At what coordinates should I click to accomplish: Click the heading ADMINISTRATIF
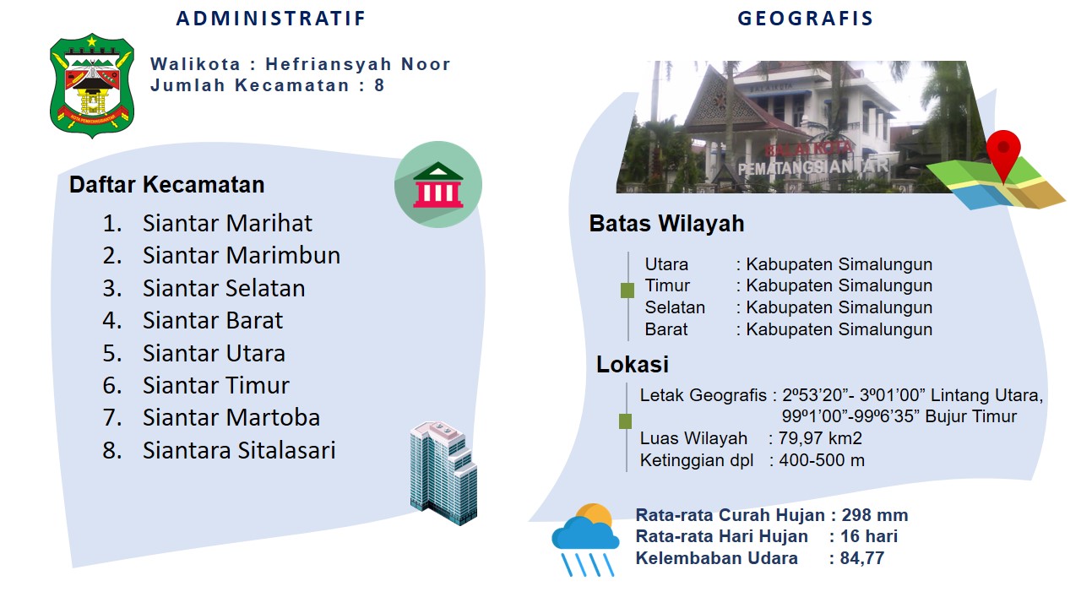tap(271, 19)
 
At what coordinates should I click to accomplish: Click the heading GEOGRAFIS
tap(806, 19)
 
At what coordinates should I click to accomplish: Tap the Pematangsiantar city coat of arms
tap(92, 85)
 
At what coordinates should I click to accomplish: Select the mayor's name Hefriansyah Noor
tap(357, 63)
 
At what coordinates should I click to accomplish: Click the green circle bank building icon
tap(437, 184)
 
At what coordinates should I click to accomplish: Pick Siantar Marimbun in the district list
tap(242, 255)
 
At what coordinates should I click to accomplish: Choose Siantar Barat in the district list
tap(212, 320)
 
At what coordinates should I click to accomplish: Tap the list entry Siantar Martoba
tap(231, 417)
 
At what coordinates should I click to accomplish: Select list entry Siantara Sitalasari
tap(239, 450)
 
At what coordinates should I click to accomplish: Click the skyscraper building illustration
tap(443, 473)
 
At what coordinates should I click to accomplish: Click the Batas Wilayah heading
tap(666, 224)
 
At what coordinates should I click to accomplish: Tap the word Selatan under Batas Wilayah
tap(675, 307)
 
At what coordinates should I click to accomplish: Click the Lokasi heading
tap(633, 364)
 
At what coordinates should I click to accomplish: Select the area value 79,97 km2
tap(820, 438)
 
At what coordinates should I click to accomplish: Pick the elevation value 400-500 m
tap(822, 460)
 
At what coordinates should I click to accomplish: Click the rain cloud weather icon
tap(585, 540)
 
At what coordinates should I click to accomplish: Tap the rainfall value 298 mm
tap(874, 515)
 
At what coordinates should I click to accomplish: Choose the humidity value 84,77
tap(862, 558)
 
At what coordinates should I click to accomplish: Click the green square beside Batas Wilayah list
tap(627, 290)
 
